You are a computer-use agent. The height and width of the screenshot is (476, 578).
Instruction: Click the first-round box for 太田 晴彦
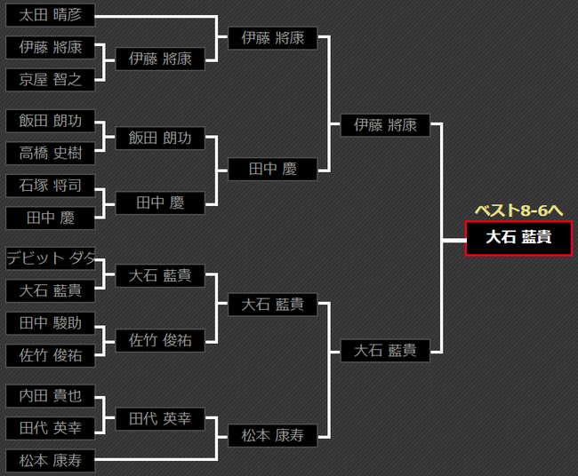tap(50, 16)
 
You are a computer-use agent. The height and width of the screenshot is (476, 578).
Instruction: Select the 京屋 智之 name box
tap(50, 80)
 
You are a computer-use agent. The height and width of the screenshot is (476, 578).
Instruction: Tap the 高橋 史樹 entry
tap(50, 153)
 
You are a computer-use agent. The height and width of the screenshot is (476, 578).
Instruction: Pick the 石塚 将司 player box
tap(50, 186)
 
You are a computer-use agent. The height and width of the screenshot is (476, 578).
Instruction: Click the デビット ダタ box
tap(50, 258)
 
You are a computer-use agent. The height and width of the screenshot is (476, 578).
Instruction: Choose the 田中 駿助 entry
tap(50, 322)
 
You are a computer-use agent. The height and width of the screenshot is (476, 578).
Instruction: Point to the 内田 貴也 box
tap(50, 396)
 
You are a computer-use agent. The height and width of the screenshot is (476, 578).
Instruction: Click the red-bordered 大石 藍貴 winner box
tap(518, 238)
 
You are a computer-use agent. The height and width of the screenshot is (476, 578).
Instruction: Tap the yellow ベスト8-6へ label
tap(519, 210)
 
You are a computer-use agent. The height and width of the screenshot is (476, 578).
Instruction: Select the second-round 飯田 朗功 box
tap(160, 138)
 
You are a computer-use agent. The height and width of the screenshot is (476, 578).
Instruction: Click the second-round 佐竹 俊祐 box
tap(160, 339)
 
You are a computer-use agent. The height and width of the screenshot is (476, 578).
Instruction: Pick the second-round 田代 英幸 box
tap(160, 419)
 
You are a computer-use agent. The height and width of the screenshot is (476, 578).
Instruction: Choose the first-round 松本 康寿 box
tap(50, 461)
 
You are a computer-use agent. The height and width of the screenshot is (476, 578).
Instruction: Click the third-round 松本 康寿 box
tap(272, 435)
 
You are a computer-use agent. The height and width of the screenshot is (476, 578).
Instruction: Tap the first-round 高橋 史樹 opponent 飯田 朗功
tap(50, 121)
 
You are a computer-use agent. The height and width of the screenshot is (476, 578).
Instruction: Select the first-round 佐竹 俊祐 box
tap(50, 355)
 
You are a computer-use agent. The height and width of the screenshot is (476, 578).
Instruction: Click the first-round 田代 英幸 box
tap(50, 428)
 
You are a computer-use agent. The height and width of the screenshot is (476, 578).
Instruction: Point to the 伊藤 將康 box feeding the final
tap(385, 125)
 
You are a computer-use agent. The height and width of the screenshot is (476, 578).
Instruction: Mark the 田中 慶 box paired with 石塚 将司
tap(50, 218)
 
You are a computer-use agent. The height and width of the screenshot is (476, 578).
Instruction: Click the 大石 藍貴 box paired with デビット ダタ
tap(50, 290)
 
